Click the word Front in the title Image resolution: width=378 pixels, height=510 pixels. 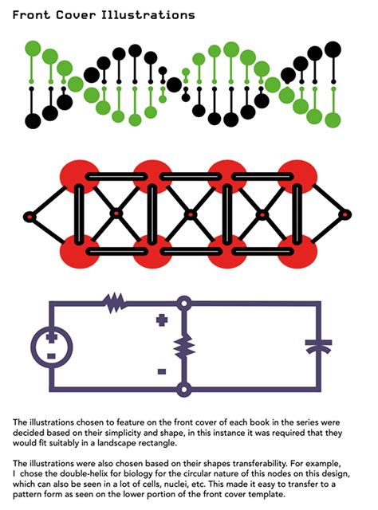pos(32,15)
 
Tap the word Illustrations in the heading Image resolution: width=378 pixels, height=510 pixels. pos(148,15)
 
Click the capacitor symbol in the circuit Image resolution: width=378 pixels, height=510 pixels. pos(318,347)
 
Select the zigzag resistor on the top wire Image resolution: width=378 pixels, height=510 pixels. pos(115,303)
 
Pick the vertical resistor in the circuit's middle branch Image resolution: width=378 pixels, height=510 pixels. pos(184,347)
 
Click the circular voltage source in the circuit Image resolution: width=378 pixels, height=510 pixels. pos(52,347)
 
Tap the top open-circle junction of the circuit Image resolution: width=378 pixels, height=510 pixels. pos(184,304)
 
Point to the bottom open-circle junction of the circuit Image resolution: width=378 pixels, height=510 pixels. pos(184,390)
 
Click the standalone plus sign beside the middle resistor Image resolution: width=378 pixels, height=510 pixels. pos(162,320)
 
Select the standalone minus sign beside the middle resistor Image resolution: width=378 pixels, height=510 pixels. pos(162,371)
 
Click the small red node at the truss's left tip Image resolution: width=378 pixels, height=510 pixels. pos(30,217)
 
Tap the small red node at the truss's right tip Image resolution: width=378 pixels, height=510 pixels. pos(345,214)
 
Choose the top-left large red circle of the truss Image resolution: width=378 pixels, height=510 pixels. pos(79,176)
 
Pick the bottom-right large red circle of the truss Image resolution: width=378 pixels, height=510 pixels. pos(297,252)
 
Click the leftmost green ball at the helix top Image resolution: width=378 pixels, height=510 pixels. pos(33,49)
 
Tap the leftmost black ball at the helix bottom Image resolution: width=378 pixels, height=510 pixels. pos(33,121)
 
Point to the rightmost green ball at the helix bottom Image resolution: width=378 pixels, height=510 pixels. pos(333,120)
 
